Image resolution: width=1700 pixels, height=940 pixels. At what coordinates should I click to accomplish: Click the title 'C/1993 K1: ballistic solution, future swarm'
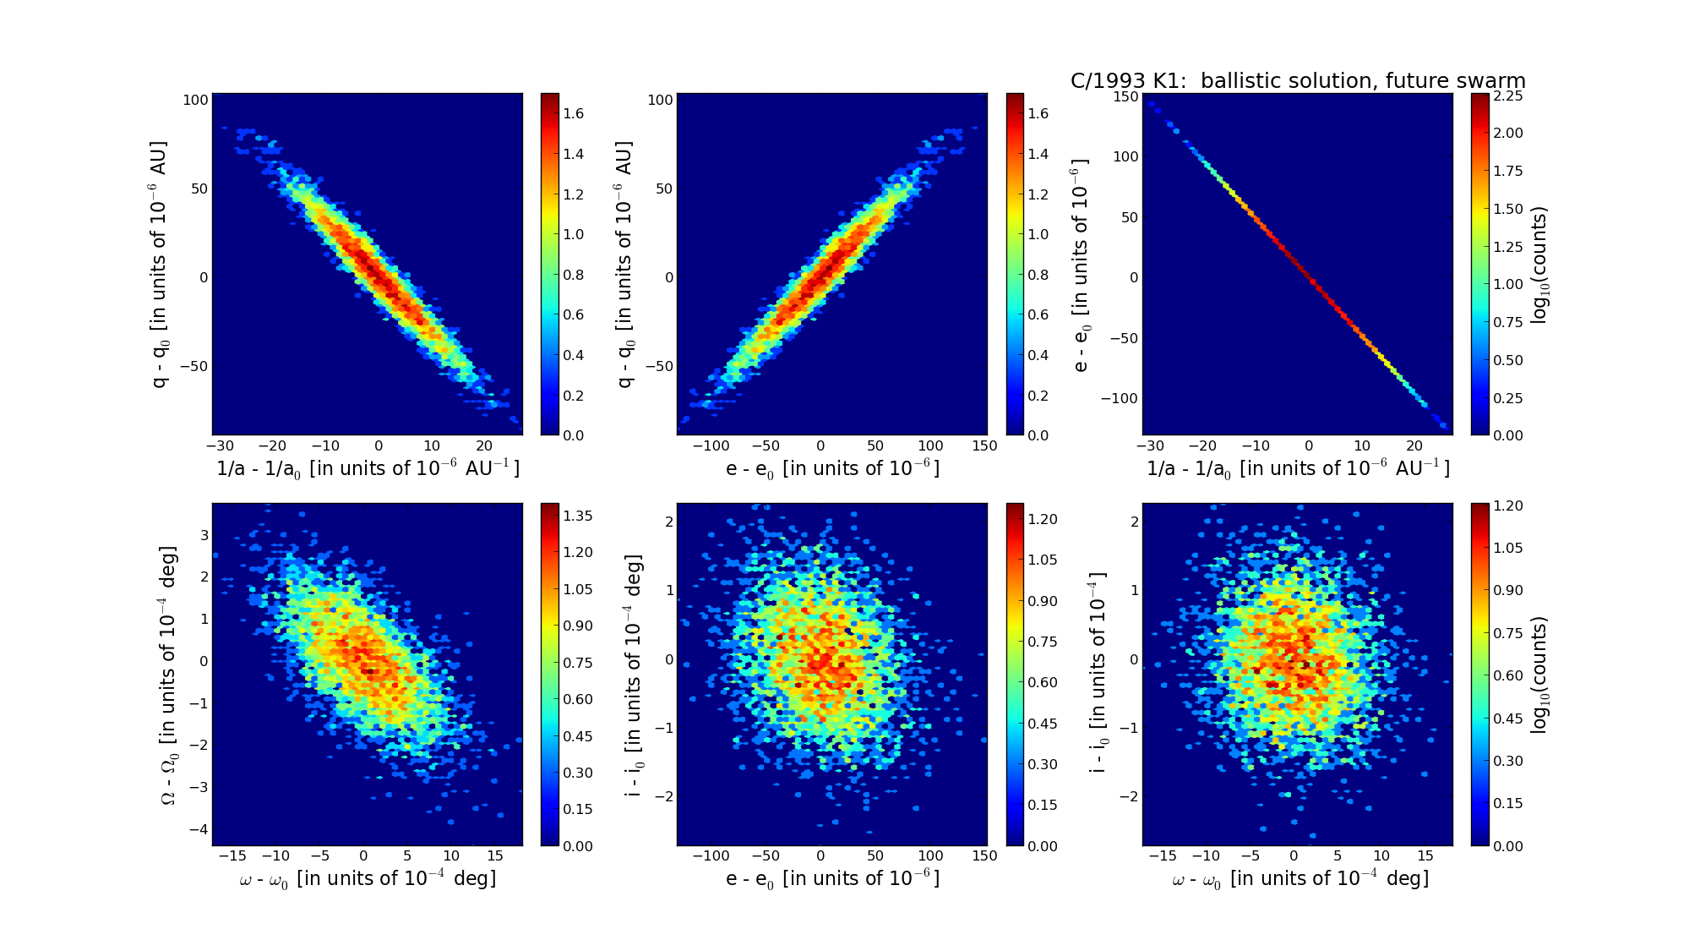pyautogui.click(x=1298, y=81)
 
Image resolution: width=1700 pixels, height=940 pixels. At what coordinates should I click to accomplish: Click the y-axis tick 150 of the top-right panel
pyautogui.click(x=1125, y=96)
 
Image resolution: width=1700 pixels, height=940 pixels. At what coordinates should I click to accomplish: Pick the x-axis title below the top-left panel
pyautogui.click(x=368, y=468)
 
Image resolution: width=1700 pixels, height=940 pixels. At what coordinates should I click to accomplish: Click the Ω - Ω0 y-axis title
pyautogui.click(x=168, y=675)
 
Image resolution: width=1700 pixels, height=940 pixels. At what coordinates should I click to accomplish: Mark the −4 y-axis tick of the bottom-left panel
pyautogui.click(x=199, y=829)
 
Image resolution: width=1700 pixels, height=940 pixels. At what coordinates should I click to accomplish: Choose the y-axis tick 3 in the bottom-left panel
pyautogui.click(x=203, y=535)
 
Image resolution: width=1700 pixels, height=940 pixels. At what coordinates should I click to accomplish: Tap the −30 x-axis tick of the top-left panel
pyautogui.click(x=220, y=446)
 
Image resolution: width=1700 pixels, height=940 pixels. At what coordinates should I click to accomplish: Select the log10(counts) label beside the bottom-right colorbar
pyautogui.click(x=1539, y=675)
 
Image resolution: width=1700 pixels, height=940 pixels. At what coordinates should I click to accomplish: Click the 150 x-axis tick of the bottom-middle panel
pyautogui.click(x=985, y=856)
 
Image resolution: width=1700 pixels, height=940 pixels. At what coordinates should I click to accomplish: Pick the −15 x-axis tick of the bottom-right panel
pyautogui.click(x=1163, y=856)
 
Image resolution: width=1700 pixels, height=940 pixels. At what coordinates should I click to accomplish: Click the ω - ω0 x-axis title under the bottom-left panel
pyautogui.click(x=368, y=879)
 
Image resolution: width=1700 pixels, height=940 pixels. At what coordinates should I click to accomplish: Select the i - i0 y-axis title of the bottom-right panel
pyautogui.click(x=1098, y=675)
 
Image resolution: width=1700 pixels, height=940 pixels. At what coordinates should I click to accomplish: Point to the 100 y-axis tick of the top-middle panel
pyautogui.click(x=661, y=100)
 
